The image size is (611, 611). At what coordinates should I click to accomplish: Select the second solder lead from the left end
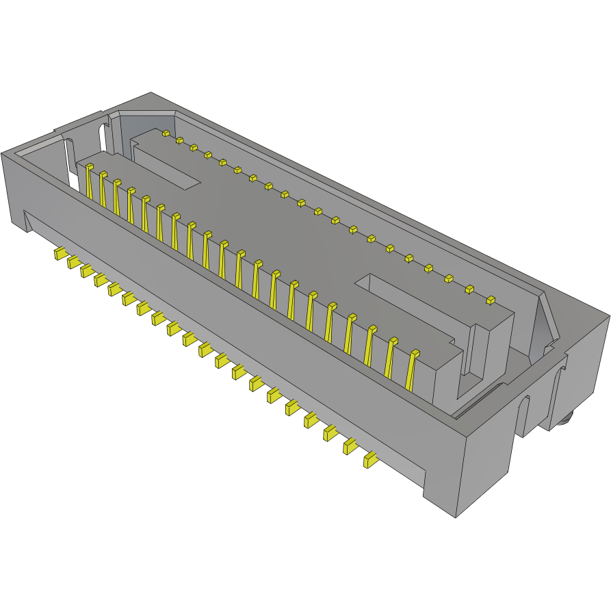[73, 262]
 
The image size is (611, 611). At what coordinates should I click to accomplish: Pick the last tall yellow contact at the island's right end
[412, 369]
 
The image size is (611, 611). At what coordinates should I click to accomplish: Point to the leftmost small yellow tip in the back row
[165, 133]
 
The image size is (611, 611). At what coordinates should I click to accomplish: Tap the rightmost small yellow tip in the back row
[490, 300]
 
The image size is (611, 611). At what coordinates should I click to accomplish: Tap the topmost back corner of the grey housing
[151, 93]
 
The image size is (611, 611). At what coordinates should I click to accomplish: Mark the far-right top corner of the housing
[609, 316]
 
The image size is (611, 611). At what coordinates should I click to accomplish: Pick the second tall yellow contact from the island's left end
[103, 188]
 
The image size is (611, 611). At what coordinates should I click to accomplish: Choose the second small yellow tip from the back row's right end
[470, 289]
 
